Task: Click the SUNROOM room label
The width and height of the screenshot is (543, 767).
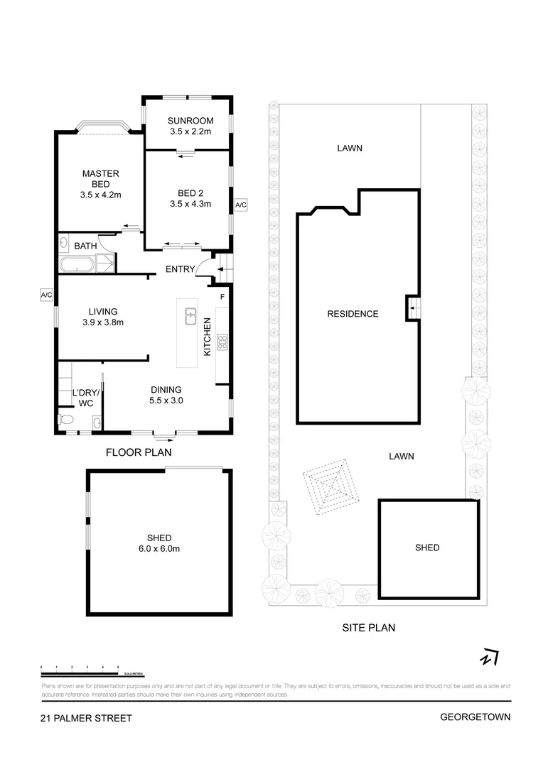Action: pyautogui.click(x=187, y=120)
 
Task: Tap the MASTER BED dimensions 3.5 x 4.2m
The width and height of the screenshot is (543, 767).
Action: pyautogui.click(x=100, y=195)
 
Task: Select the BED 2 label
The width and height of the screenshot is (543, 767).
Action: pyautogui.click(x=187, y=192)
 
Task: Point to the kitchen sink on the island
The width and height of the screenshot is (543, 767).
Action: pyautogui.click(x=190, y=316)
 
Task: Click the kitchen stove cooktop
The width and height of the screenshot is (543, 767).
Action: pyautogui.click(x=222, y=343)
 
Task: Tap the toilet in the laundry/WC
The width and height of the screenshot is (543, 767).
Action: pyautogui.click(x=65, y=420)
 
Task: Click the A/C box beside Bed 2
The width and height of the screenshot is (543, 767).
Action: pyautogui.click(x=240, y=205)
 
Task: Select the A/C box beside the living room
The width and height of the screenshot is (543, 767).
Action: pyautogui.click(x=47, y=294)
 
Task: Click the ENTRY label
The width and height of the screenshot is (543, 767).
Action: pyautogui.click(x=180, y=269)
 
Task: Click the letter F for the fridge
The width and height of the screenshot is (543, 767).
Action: pyautogui.click(x=222, y=295)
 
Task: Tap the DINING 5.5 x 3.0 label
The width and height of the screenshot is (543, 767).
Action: pyautogui.click(x=166, y=395)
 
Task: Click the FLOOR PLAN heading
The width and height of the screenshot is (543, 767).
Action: pyautogui.click(x=139, y=452)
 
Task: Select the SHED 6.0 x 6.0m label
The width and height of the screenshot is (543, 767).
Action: pyautogui.click(x=160, y=543)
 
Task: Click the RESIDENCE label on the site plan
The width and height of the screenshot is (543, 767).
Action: pyautogui.click(x=353, y=314)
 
